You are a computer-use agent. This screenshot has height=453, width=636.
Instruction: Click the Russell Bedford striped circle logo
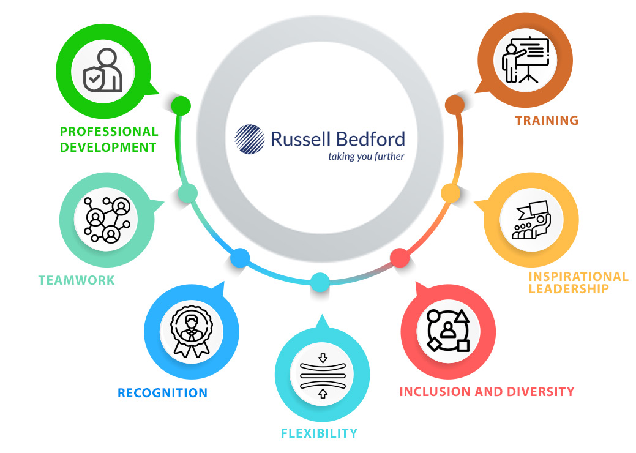pyautogui.click(x=250, y=139)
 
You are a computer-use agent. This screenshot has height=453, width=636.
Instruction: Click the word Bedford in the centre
pyautogui.click(x=371, y=139)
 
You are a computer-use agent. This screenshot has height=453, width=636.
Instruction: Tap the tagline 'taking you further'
pyautogui.click(x=366, y=157)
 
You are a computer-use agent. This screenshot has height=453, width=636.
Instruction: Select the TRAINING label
pyautogui.click(x=547, y=121)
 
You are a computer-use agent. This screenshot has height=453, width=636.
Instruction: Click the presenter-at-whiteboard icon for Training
pyautogui.click(x=525, y=60)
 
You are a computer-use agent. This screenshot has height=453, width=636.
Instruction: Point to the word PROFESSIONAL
pyautogui.click(x=109, y=132)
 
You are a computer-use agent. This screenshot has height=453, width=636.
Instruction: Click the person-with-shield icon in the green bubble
pyautogui.click(x=103, y=70)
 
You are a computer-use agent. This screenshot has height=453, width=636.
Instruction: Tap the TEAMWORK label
pyautogui.click(x=77, y=280)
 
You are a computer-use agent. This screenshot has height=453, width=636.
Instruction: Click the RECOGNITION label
pyautogui.click(x=162, y=392)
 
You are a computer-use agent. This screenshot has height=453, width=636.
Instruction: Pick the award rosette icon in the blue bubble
pyautogui.click(x=191, y=332)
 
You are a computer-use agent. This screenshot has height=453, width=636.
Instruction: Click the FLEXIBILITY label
pyautogui.click(x=319, y=433)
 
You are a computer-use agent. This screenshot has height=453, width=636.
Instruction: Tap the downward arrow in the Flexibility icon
pyautogui.click(x=323, y=358)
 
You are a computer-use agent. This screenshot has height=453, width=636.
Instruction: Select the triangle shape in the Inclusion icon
pyautogui.click(x=462, y=316)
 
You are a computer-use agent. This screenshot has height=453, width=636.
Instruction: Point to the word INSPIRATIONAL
pyautogui.click(x=578, y=277)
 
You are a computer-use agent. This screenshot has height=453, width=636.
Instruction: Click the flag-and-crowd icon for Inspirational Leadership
pyautogui.click(x=531, y=220)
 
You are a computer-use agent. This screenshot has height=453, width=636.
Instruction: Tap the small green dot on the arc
pyautogui.click(x=181, y=105)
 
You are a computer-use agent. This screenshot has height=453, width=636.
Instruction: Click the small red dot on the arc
pyautogui.click(x=400, y=258)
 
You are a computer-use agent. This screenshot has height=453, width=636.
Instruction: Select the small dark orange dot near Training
pyautogui.click(x=455, y=105)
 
